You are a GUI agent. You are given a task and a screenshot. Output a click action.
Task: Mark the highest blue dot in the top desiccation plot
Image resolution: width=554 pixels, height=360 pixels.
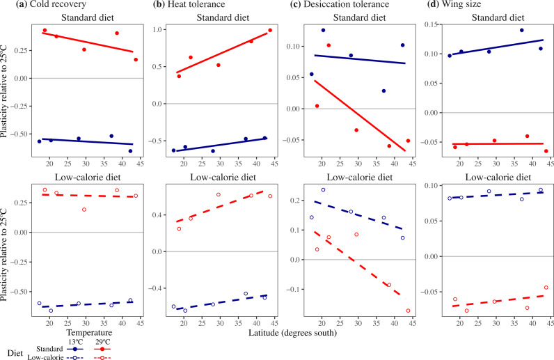[x=323, y=31]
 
